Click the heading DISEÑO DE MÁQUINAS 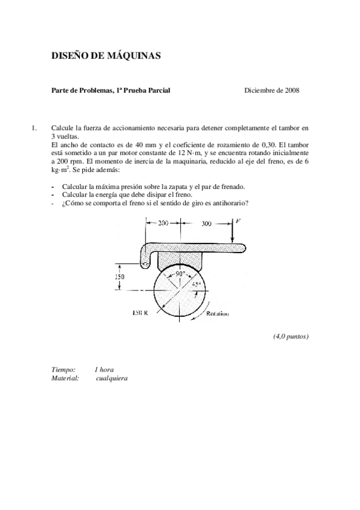(x=106, y=56)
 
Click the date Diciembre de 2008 (x=272, y=90)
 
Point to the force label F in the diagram (x=239, y=221)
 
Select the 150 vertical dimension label (x=121, y=277)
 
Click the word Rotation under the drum (x=217, y=313)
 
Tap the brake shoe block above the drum (x=180, y=258)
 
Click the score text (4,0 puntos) (x=291, y=336)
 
